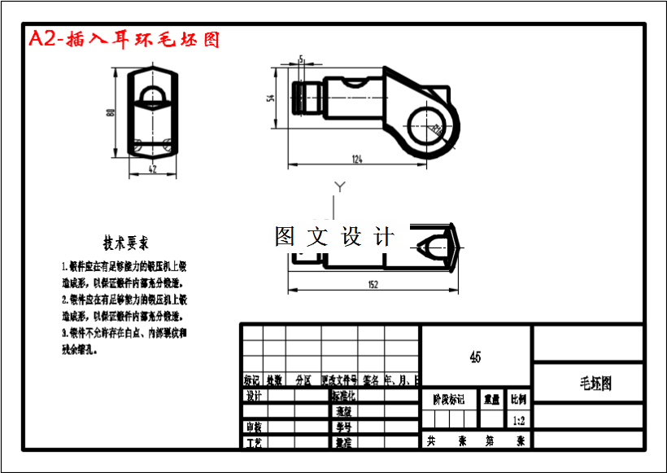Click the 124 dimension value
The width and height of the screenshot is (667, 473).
[x=357, y=158]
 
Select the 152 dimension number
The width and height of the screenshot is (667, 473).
[x=373, y=285]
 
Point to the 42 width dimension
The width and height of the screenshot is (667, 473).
[x=153, y=169]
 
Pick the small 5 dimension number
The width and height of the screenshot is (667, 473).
[x=301, y=59]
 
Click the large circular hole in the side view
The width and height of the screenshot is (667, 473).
[x=425, y=125]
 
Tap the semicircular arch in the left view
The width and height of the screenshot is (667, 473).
[x=153, y=98]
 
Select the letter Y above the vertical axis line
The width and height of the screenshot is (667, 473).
[x=340, y=187]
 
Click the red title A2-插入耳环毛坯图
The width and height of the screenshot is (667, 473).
[x=124, y=39]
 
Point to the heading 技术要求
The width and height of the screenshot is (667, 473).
[x=125, y=243]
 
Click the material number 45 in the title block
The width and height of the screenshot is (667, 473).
[x=476, y=356]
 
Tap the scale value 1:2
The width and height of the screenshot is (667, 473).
[x=518, y=420]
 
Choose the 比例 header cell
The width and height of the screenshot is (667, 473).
[x=518, y=400]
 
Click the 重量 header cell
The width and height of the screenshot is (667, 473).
[x=492, y=400]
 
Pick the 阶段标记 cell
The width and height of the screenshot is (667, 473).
[x=448, y=400]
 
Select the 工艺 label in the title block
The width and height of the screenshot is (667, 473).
[x=254, y=442]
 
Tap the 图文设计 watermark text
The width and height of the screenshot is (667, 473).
[x=334, y=237]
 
